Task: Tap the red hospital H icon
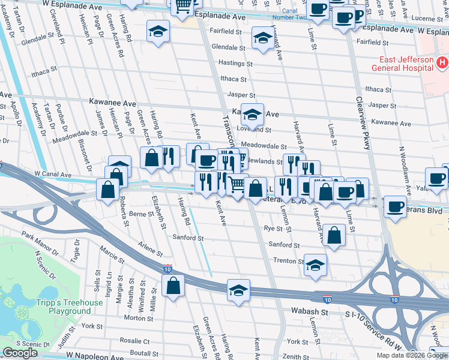coord(442,62)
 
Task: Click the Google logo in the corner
coord(20,353)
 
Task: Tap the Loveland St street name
coord(254,130)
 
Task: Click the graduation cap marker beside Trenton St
coord(315,265)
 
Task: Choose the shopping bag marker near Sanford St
coord(333,235)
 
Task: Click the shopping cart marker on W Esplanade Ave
coord(184,6)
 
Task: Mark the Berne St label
coord(142,214)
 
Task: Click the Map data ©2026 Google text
coord(412,355)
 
